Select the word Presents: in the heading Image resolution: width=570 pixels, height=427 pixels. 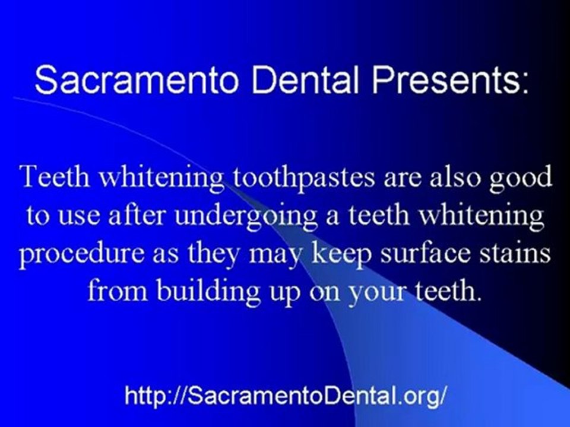pyautogui.click(x=448, y=80)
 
